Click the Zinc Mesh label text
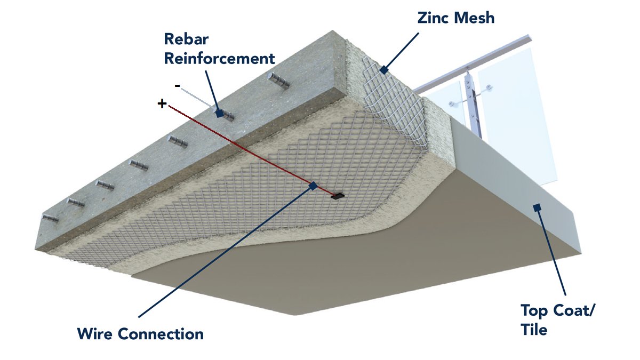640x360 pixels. click(x=456, y=18)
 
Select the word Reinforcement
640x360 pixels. click(x=219, y=58)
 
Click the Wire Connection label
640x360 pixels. click(x=140, y=334)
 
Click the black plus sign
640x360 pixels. click(x=162, y=103)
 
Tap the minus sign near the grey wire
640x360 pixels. click(x=177, y=85)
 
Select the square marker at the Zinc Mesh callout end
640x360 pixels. click(x=382, y=70)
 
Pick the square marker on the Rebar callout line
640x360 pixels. click(x=219, y=113)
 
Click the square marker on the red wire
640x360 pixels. click(x=313, y=185)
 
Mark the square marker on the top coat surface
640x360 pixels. click(x=537, y=207)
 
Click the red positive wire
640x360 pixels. click(x=240, y=144)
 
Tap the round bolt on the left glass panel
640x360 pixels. click(x=452, y=102)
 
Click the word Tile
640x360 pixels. click(x=534, y=330)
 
